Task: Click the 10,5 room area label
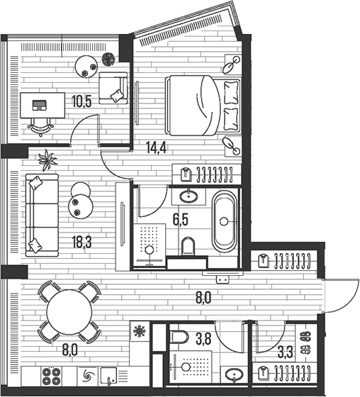point(81,101)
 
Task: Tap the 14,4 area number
point(156,148)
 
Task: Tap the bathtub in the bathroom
point(225,220)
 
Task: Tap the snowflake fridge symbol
point(139,330)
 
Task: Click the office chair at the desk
point(41,123)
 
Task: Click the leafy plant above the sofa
point(47,160)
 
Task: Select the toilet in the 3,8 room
point(178,338)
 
